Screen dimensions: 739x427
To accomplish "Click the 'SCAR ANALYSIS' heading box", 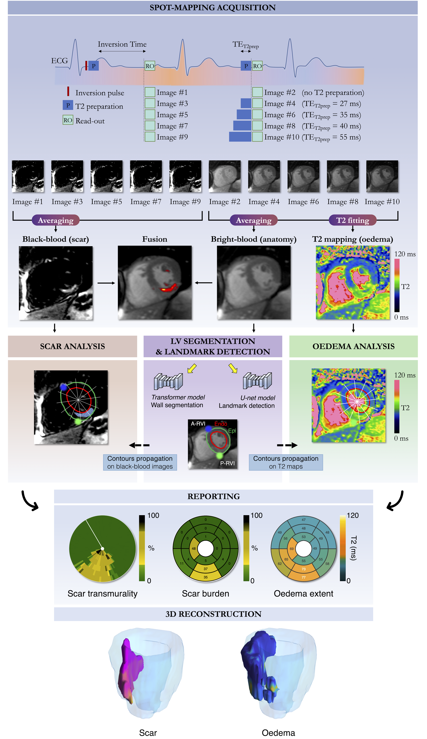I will click(72, 346).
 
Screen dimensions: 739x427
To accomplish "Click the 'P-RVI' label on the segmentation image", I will click(227, 463).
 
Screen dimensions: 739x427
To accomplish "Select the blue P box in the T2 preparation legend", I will click(68, 105).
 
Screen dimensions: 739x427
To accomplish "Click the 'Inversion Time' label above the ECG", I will click(122, 44).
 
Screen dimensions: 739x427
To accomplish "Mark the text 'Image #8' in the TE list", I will click(280, 126).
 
